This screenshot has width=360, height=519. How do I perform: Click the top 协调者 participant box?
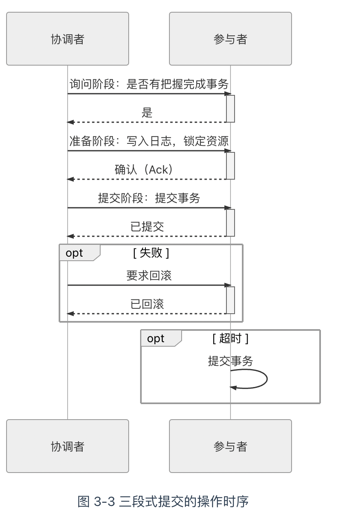[x=68, y=39]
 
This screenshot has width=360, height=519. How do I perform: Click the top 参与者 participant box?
[x=230, y=39]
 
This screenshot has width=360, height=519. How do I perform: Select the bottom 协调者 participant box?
[x=68, y=446]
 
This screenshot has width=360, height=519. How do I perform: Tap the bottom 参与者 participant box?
[x=230, y=446]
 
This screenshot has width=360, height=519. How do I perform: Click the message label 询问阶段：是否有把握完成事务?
[x=149, y=84]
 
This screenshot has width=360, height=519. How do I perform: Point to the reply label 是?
[x=147, y=113]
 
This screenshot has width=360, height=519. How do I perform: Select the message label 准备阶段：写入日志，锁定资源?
[x=149, y=141]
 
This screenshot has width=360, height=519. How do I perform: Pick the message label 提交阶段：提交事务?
[x=149, y=198]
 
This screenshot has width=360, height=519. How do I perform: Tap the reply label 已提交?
[x=147, y=227]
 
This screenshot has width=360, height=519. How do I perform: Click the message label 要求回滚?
[x=149, y=276]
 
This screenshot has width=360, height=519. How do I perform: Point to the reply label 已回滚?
[x=147, y=304]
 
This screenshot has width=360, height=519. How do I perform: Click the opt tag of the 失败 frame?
[x=75, y=253]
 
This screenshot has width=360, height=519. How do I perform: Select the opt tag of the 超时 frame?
[x=156, y=339]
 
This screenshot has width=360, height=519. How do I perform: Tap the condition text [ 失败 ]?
[x=151, y=253]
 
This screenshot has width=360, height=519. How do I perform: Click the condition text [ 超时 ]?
[x=230, y=339]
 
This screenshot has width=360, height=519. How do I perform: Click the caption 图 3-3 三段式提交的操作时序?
[x=163, y=501]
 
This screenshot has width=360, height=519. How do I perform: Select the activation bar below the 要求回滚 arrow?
[x=230, y=300]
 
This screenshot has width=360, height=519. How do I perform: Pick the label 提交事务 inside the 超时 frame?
[x=230, y=361]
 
